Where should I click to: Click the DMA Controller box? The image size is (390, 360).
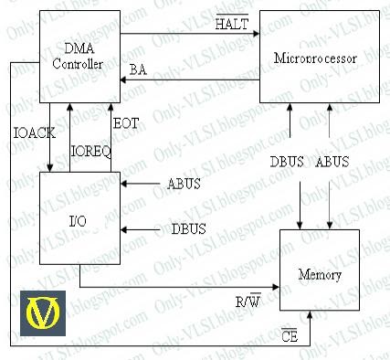pyautogui.click(x=79, y=56)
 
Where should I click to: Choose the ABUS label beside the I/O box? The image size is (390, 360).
pyautogui.click(x=183, y=185)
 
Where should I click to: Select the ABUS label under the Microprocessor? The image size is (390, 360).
pyautogui.click(x=332, y=163)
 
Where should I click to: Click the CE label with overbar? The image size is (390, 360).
pyautogui.click(x=290, y=337)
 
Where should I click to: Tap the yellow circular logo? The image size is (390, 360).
pyautogui.click(x=42, y=313)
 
